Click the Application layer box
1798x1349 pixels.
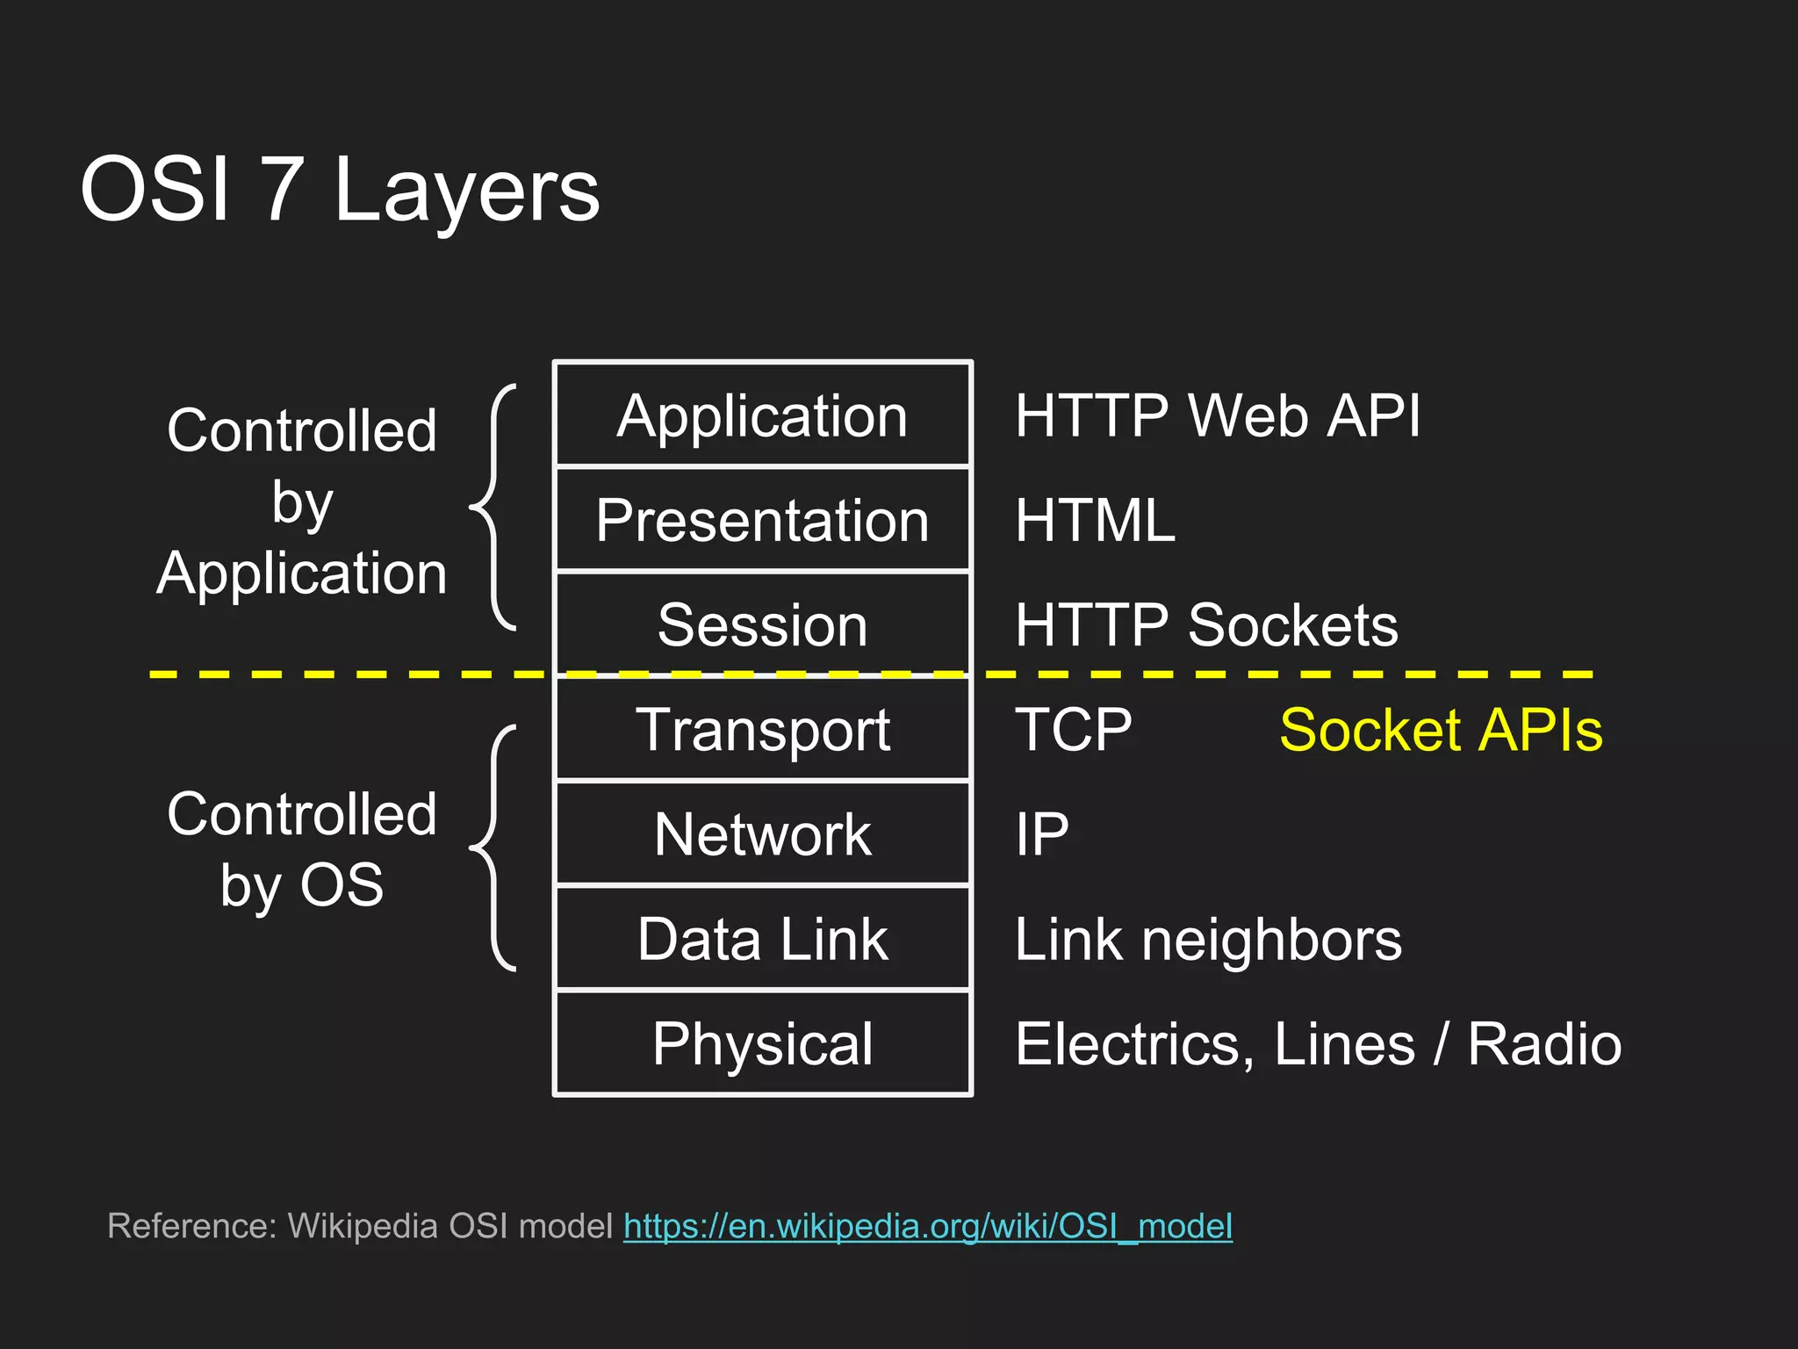coord(762,415)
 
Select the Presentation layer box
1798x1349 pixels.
coord(762,520)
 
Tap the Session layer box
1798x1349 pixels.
coord(762,624)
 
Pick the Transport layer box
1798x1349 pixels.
coord(762,730)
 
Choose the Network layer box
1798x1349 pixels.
coord(762,833)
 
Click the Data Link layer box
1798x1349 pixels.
coord(762,939)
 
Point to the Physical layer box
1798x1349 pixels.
coord(762,1043)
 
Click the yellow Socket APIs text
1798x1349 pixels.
coord(1441,730)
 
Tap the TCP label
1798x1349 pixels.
coord(1073,730)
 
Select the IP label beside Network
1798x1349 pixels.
coord(1041,833)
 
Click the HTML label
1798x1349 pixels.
coord(1094,520)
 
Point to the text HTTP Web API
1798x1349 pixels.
coord(1217,415)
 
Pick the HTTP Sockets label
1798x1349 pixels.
coord(1205,624)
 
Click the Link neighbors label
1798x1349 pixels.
coord(1208,939)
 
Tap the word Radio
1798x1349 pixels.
coord(1543,1043)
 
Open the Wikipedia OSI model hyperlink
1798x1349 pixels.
coord(927,1225)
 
